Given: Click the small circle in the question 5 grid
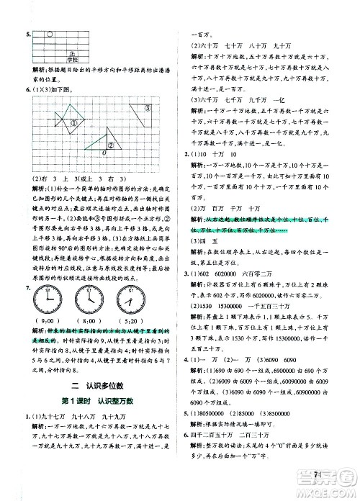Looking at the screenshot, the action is (x=48, y=33).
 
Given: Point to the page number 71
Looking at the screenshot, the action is (x=318, y=474).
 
